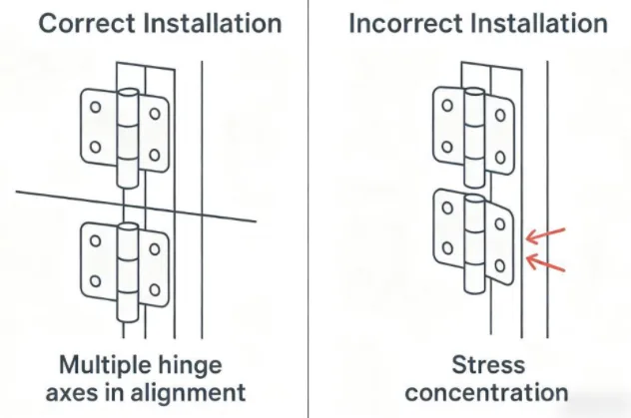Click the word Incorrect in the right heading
398,22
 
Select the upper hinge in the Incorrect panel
474,130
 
